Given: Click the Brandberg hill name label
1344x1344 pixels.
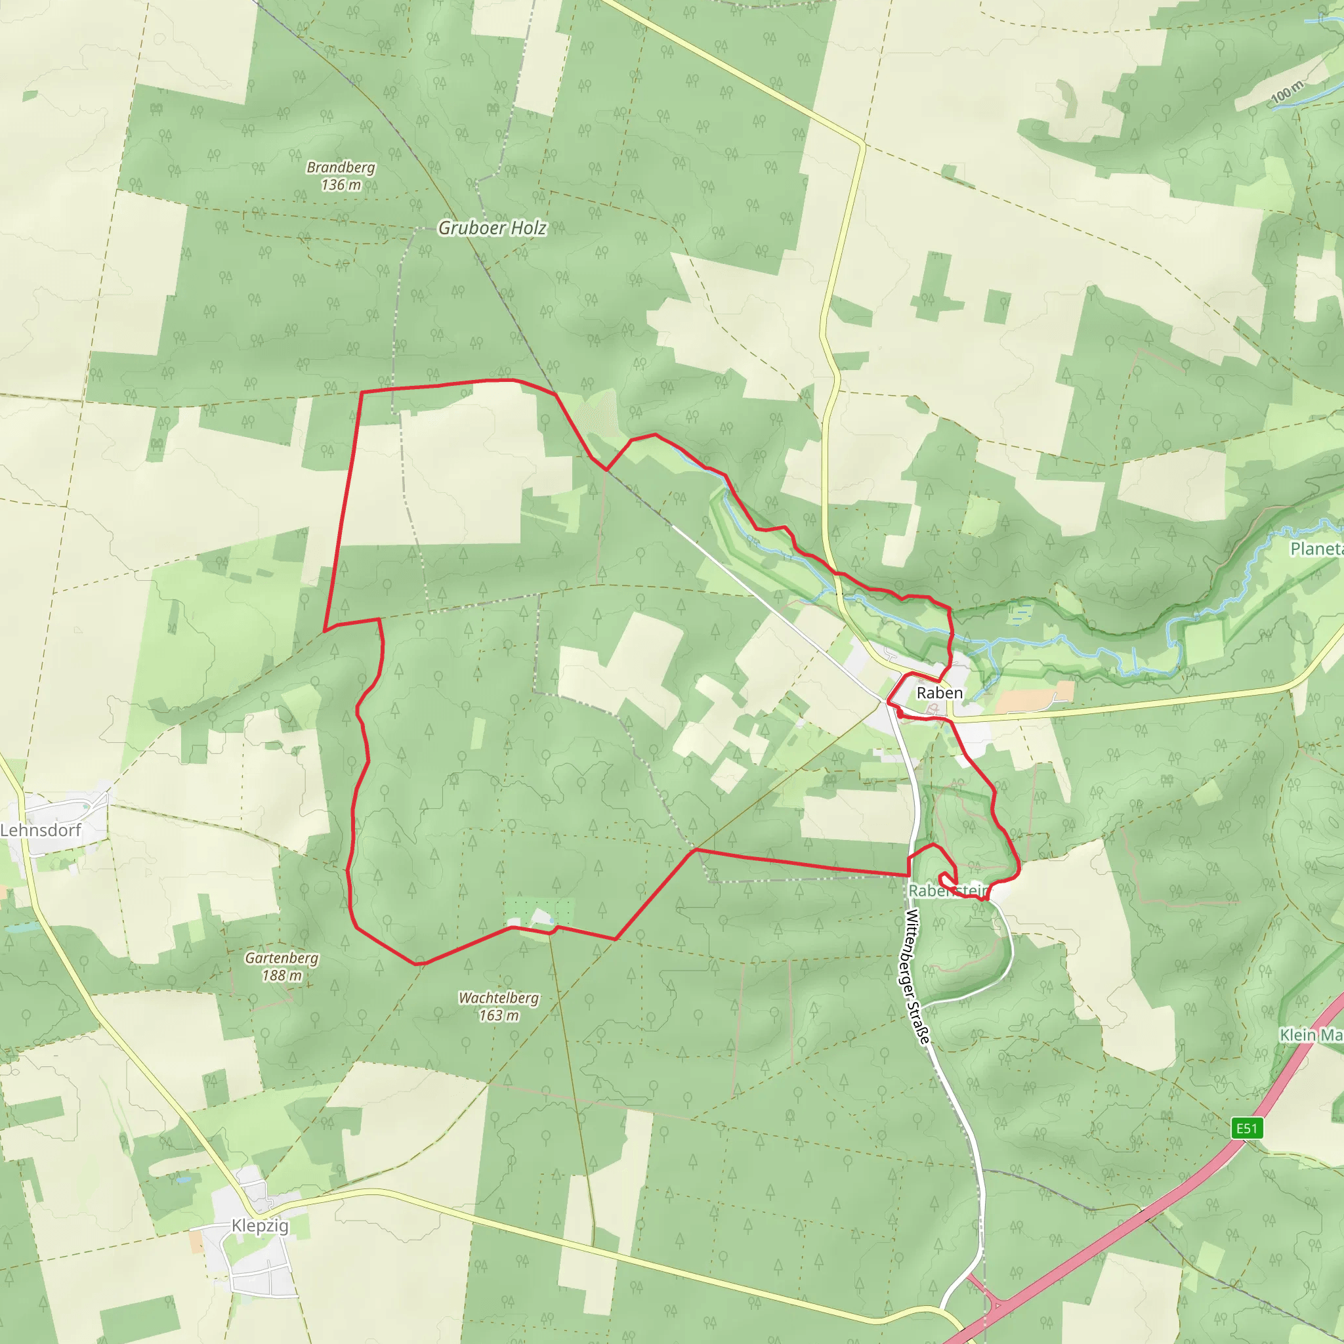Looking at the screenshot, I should coord(341,167).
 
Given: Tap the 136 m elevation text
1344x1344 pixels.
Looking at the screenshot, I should coord(341,185).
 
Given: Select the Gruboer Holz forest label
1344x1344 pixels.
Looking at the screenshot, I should coord(492,228).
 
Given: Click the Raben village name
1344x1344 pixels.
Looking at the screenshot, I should coord(939,693).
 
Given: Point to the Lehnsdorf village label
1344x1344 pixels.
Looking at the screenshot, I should coord(40,830).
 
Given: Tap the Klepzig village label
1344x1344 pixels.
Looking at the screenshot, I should coord(259,1225).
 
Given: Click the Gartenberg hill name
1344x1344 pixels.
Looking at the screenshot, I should coord(281,958).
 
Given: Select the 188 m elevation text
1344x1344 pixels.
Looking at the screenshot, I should coord(282,975).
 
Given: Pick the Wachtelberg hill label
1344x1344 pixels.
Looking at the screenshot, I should coord(499,997).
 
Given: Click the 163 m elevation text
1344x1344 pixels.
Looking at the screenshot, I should coord(499,1015).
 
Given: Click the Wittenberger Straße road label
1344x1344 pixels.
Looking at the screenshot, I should coord(917,976).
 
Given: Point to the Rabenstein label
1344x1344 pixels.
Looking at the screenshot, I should coord(948,891).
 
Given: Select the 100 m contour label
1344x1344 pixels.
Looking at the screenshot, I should coord(1287,91).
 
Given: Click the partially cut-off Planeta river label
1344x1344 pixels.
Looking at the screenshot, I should coord(1316,549).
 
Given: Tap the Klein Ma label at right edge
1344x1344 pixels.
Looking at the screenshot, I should coord(1311,1035).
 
